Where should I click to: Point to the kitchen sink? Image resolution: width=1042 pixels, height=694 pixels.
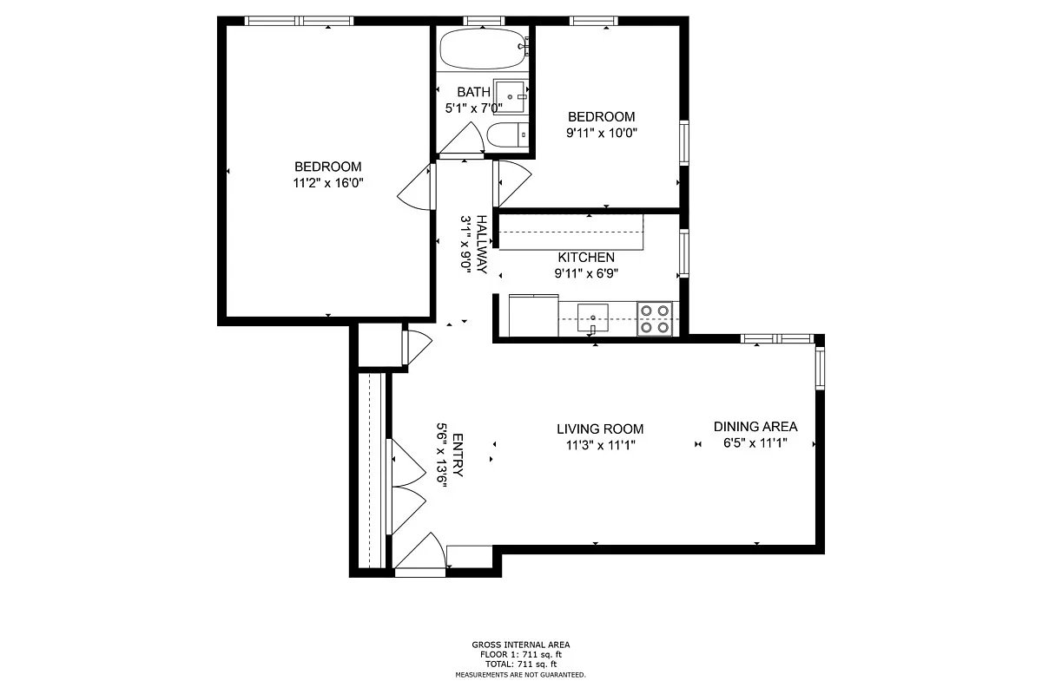(593, 315)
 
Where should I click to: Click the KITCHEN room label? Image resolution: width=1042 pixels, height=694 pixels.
(586, 258)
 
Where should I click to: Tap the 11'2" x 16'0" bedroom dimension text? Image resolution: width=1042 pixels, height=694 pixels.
(327, 183)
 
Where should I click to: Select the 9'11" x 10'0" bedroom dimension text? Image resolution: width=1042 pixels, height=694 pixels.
(601, 133)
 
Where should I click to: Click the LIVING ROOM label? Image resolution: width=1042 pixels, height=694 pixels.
(600, 429)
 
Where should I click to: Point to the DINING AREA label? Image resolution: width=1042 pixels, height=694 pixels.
(755, 427)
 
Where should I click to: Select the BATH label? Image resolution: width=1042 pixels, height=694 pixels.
(473, 92)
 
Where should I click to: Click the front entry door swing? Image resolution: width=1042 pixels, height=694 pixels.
(423, 552)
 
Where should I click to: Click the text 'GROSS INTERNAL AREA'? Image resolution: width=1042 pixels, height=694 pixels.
(521, 645)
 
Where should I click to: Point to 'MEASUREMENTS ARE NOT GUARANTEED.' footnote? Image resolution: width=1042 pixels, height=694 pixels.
(521, 675)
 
